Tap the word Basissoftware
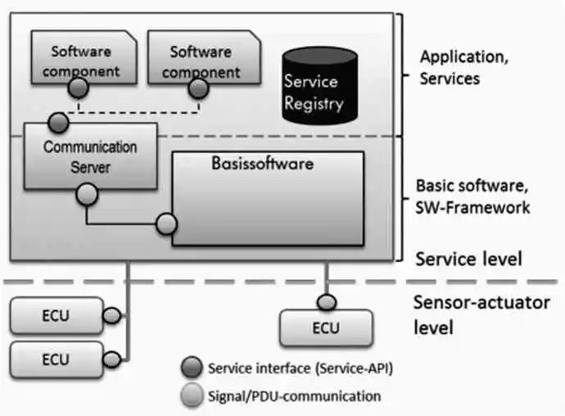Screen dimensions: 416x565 click(257, 164)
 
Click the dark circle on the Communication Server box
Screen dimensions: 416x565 click(56, 124)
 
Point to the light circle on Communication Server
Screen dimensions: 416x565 click(87, 194)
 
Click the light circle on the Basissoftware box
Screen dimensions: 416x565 click(166, 223)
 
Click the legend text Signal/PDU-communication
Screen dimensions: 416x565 click(295, 396)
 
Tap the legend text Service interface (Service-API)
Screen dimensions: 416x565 click(301, 369)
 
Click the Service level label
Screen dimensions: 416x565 click(468, 260)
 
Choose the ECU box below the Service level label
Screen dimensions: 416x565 click(327, 328)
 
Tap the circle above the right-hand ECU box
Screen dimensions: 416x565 click(327, 302)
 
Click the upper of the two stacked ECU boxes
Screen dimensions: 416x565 click(56, 314)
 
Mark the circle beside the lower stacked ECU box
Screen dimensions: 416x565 click(111, 358)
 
